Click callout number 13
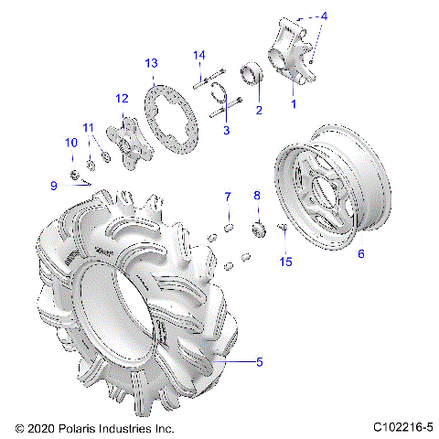pyautogui.click(x=152, y=62)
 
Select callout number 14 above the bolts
pyautogui.click(x=198, y=56)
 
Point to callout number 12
pyautogui.click(x=121, y=98)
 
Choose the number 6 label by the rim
pyautogui.click(x=360, y=254)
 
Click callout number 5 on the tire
pyautogui.click(x=259, y=362)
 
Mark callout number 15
pyautogui.click(x=286, y=262)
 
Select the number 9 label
pyautogui.click(x=54, y=186)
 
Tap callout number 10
pyautogui.click(x=70, y=143)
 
